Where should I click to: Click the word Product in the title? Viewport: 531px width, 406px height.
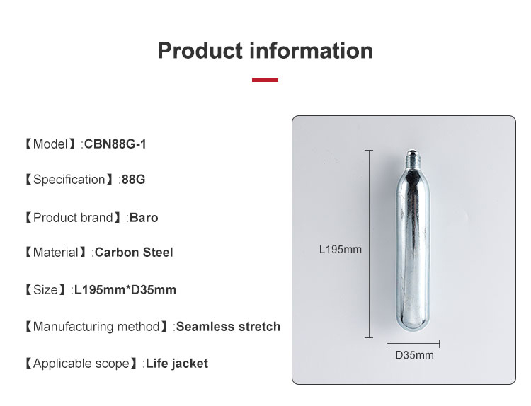[x=201, y=51]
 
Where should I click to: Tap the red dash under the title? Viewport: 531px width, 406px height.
[x=265, y=80]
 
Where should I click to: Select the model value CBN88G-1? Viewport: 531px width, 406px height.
[x=115, y=144]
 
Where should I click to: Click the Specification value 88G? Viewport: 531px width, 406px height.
[x=133, y=180]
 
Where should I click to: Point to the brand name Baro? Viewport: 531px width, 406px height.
[x=144, y=218]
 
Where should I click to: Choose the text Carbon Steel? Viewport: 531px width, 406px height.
[x=134, y=253]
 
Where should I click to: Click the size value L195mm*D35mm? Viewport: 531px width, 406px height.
[x=125, y=290]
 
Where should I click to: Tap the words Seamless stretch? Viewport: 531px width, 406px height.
[x=228, y=327]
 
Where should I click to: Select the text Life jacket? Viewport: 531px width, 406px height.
[x=177, y=364]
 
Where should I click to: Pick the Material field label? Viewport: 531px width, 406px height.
[x=57, y=253]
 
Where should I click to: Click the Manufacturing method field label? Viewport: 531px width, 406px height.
[x=96, y=327]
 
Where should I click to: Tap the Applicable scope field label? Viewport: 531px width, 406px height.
[x=81, y=364]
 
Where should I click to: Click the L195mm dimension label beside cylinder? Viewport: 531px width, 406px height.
[x=340, y=249]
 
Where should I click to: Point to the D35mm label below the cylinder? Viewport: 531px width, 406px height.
[x=414, y=355]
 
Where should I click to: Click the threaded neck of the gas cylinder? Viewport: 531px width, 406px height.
[x=411, y=157]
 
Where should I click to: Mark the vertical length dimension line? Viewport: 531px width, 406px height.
[x=369, y=244]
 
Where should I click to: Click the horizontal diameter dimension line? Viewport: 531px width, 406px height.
[x=413, y=344]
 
